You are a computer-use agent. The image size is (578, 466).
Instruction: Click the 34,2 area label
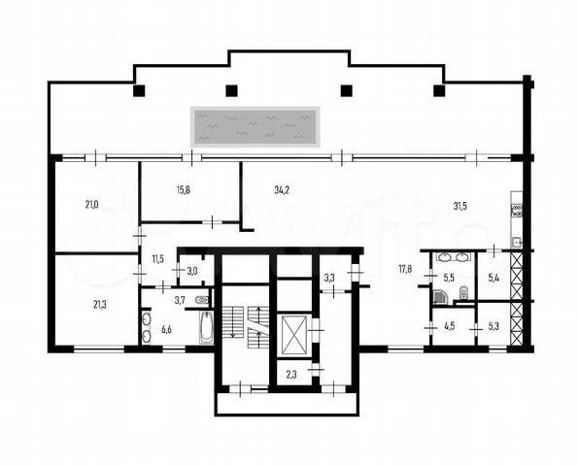pos(282,190)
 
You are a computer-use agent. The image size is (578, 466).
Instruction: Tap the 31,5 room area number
pos(460,206)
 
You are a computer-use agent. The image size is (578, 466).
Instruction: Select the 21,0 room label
pos(91,205)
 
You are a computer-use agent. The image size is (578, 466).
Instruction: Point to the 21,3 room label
pos(100,305)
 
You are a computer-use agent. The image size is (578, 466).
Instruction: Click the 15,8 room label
pos(184,190)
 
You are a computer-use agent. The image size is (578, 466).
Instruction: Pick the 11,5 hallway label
pos(157,259)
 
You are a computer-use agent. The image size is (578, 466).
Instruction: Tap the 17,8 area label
pos(405,269)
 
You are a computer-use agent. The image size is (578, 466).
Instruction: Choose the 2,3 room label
pos(291,375)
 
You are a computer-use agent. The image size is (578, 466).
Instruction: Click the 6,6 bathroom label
pos(167,329)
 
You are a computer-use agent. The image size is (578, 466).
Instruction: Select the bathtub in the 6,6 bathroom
pos(206,328)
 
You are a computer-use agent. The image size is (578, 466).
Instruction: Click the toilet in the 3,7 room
pos(202,300)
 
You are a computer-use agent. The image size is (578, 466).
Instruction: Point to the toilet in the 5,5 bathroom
pos(463,293)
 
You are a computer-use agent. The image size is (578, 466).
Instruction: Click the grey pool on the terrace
pos(255,127)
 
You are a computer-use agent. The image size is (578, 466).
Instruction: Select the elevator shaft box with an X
pos(294,335)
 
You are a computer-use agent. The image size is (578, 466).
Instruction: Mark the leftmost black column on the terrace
pos(139,90)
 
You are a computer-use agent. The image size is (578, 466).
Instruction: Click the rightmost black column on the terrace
pos(439,90)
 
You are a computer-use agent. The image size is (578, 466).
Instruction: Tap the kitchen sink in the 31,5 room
pos(517,243)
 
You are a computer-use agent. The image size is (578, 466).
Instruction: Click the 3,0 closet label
pos(192,272)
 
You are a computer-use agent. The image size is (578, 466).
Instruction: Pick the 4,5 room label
pos(450,326)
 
